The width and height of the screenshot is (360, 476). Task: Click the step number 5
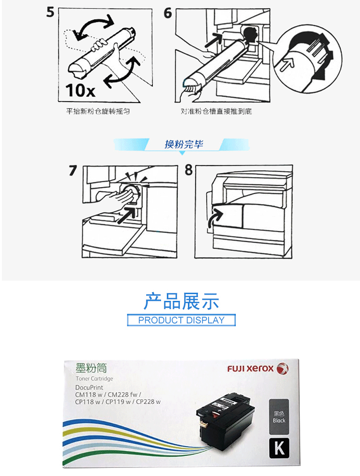click(x=50, y=12)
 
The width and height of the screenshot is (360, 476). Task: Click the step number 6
click(x=168, y=13)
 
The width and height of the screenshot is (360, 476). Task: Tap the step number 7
click(x=73, y=170)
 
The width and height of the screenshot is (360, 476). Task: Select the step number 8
click(x=189, y=170)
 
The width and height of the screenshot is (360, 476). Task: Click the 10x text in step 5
click(x=81, y=90)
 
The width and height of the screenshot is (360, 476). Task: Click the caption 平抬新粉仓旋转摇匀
click(x=98, y=111)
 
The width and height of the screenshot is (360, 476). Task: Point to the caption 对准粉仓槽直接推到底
click(x=216, y=111)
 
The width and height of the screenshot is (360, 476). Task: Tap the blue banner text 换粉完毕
click(x=184, y=144)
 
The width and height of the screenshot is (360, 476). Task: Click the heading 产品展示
click(x=181, y=301)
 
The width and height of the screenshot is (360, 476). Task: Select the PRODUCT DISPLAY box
click(x=181, y=320)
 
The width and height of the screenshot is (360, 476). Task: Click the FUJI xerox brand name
click(x=251, y=369)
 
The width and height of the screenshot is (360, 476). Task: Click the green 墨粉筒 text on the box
click(x=91, y=368)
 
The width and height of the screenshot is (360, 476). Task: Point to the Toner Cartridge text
click(x=94, y=379)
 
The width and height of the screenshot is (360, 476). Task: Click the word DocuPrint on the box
click(x=89, y=387)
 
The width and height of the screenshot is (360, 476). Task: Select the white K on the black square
click(x=279, y=448)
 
